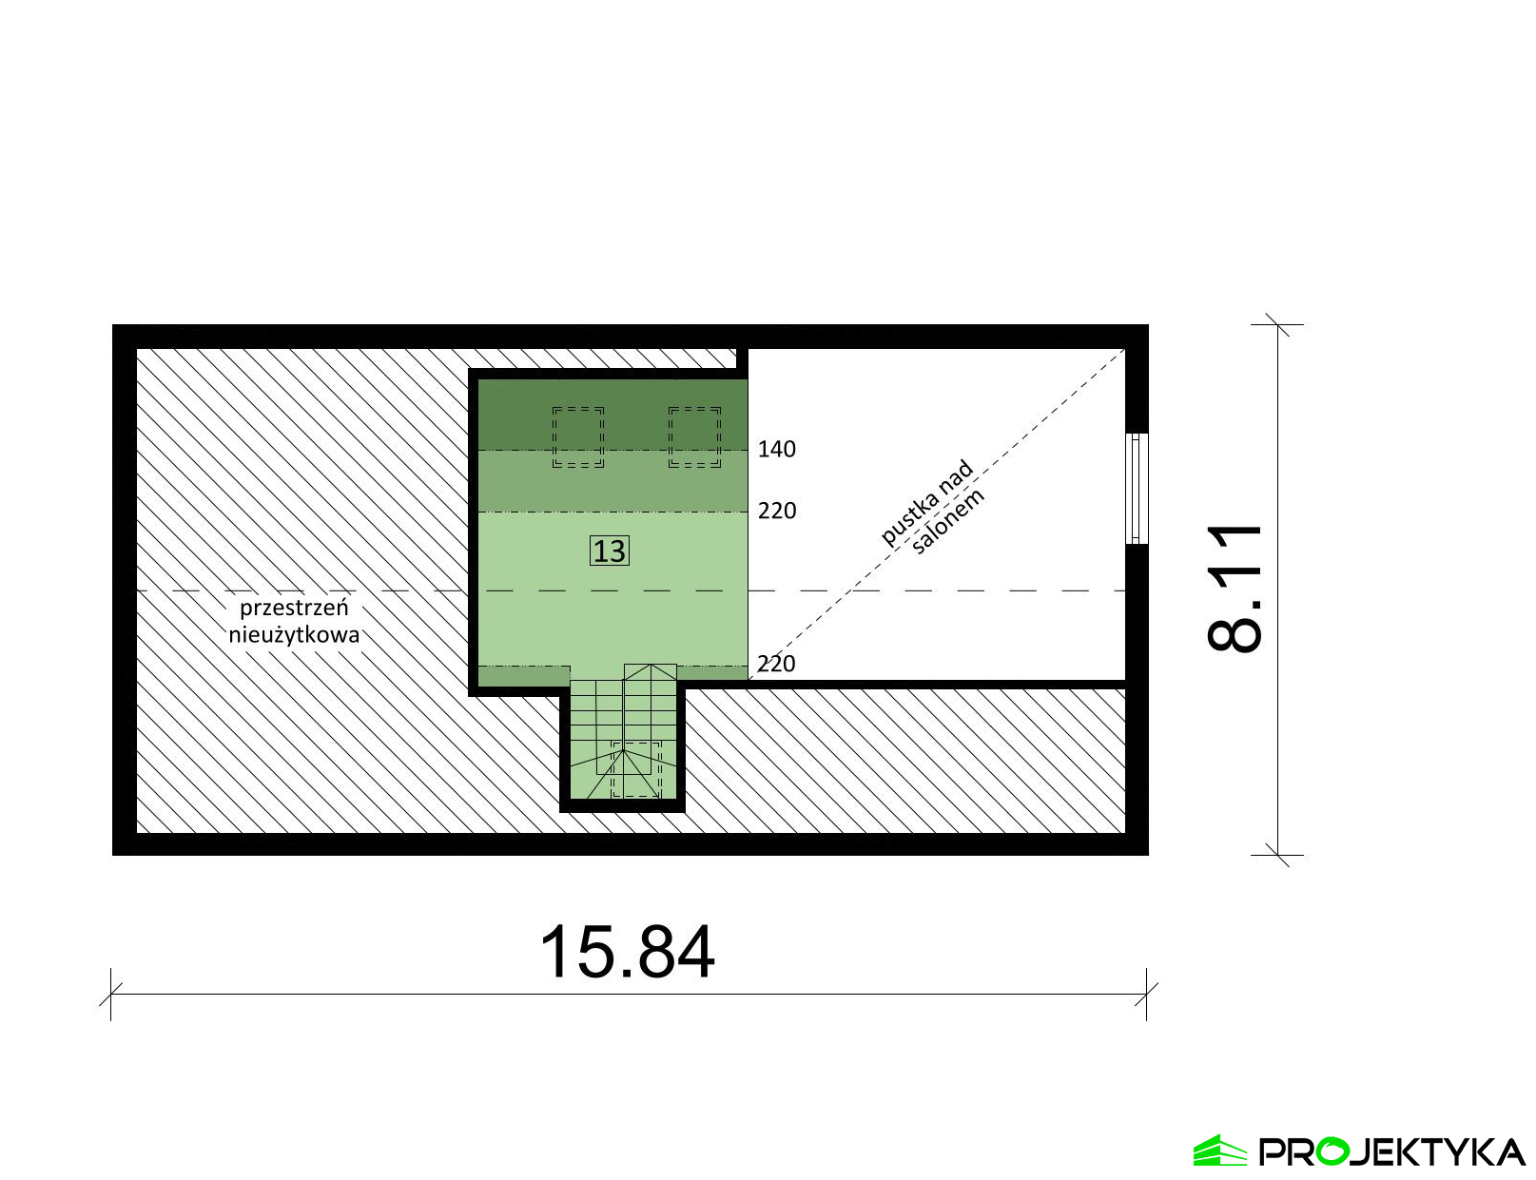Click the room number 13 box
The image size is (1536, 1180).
click(610, 551)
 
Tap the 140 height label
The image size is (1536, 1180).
click(777, 450)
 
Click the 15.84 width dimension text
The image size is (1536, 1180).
click(627, 953)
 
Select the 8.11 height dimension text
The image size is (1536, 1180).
click(1235, 588)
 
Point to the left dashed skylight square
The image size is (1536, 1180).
click(578, 437)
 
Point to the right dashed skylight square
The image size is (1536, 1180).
click(695, 437)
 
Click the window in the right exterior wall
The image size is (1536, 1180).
click(1137, 488)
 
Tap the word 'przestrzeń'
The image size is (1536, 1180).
click(294, 609)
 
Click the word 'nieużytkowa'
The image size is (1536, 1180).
click(294, 634)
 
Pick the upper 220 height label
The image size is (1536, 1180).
click(777, 511)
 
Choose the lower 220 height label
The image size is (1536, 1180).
click(776, 665)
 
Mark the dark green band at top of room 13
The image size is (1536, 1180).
click(612, 415)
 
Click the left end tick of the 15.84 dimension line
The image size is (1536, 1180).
click(111, 995)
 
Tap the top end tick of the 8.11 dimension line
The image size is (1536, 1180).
click(1277, 324)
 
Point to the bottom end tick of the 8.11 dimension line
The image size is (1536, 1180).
click(1277, 855)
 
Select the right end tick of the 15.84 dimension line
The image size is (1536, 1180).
click(1146, 995)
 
